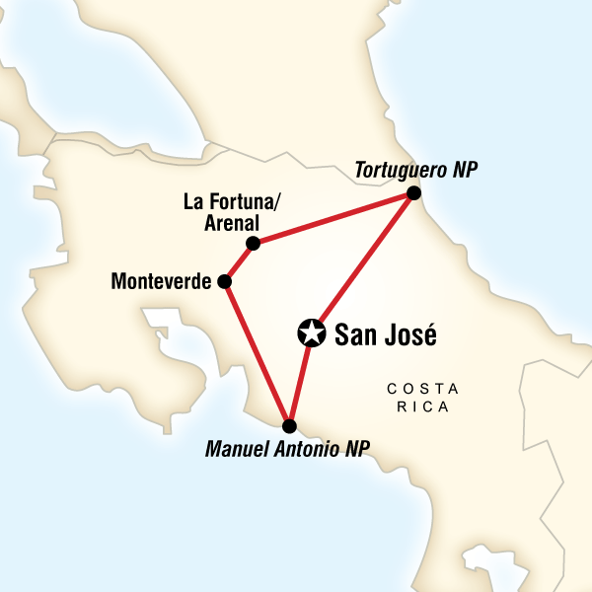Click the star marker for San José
311,333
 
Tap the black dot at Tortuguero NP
413,193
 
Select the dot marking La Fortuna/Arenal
254,243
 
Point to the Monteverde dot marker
224,282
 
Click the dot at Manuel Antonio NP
289,426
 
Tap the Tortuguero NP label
414,170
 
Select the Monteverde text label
163,282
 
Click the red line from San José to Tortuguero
362,263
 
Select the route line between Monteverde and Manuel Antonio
256,352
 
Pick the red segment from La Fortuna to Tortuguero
333,218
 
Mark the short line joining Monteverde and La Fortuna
239,262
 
